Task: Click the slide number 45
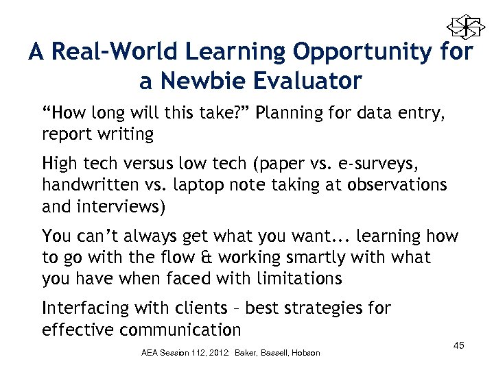coord(458,345)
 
